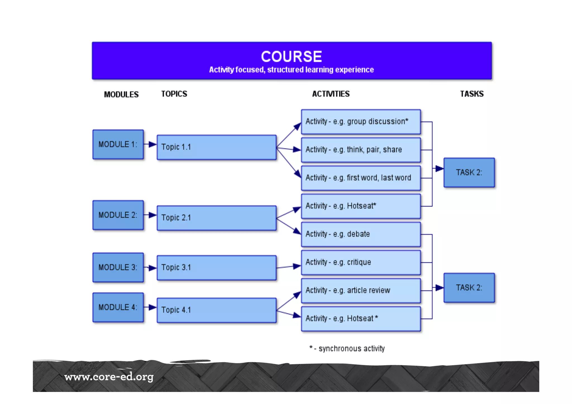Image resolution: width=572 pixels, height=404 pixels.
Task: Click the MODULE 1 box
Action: (x=118, y=144)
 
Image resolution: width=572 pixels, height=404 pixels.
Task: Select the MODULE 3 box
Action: (x=118, y=267)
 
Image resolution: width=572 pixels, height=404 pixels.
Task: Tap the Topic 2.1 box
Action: (x=216, y=218)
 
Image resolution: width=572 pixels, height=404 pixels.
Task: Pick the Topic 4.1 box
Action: (x=216, y=310)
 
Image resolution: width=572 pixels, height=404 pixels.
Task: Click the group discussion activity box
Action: (x=361, y=122)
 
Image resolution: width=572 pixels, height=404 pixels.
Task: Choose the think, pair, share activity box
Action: (x=361, y=150)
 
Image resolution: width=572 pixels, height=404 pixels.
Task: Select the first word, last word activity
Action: (x=361, y=178)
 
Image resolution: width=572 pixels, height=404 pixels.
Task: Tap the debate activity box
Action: (x=361, y=234)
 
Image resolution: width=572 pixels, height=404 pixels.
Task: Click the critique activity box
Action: (x=361, y=262)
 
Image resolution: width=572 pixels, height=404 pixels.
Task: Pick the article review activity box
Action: (x=361, y=291)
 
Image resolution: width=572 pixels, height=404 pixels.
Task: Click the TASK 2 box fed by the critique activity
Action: (x=469, y=288)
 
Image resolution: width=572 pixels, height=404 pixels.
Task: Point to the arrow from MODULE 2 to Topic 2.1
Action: (x=150, y=215)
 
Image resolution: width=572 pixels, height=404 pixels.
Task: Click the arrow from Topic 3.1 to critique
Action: (x=289, y=267)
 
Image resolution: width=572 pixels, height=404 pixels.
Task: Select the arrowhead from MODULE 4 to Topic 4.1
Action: (x=152, y=307)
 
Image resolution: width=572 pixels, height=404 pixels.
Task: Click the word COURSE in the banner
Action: (x=291, y=57)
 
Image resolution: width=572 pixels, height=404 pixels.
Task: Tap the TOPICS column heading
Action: (x=174, y=94)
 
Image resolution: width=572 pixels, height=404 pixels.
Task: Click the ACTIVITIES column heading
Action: (x=331, y=94)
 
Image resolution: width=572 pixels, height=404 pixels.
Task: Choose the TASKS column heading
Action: (x=472, y=94)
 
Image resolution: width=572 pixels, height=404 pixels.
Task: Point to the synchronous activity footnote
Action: (x=347, y=348)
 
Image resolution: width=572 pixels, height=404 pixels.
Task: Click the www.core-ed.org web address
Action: (x=109, y=377)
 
